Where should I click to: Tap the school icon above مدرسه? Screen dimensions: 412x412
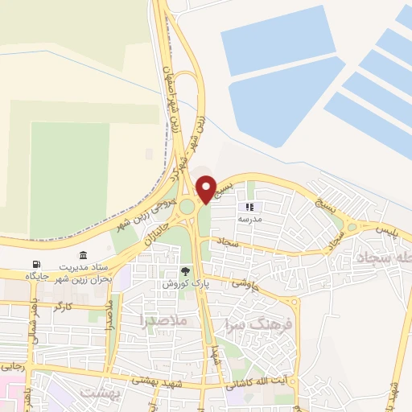[x=249, y=207]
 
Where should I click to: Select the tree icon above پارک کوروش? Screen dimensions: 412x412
[x=186, y=271]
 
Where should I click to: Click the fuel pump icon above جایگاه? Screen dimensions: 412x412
[x=35, y=264]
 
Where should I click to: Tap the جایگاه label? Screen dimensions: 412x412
[x=37, y=276]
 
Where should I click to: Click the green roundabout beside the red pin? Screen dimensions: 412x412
[x=187, y=207]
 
